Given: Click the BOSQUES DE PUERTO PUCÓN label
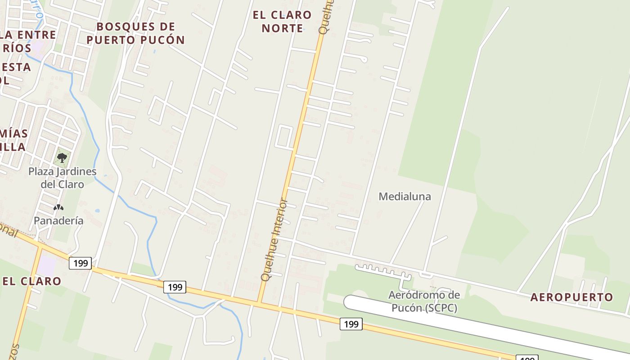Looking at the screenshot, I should [x=135, y=33].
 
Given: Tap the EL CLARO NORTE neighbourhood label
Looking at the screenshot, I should [x=282, y=22].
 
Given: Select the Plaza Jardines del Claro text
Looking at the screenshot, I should [x=62, y=178].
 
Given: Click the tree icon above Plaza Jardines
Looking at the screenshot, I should [x=62, y=158].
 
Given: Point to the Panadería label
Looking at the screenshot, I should [x=58, y=220].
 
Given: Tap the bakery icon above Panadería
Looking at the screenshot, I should [x=58, y=207].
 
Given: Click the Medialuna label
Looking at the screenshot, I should [x=405, y=196].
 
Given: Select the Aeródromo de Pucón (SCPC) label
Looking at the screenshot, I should [x=424, y=301].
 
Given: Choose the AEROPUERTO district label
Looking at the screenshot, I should [x=571, y=297].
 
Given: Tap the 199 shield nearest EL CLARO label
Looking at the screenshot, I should [x=80, y=263].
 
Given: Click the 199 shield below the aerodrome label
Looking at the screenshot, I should [x=351, y=324].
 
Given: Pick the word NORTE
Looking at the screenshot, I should [x=282, y=28].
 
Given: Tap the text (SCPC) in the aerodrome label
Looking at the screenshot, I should [x=437, y=308].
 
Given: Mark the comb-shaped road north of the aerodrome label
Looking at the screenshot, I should [x=382, y=270].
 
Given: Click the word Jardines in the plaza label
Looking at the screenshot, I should [x=76, y=171].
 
